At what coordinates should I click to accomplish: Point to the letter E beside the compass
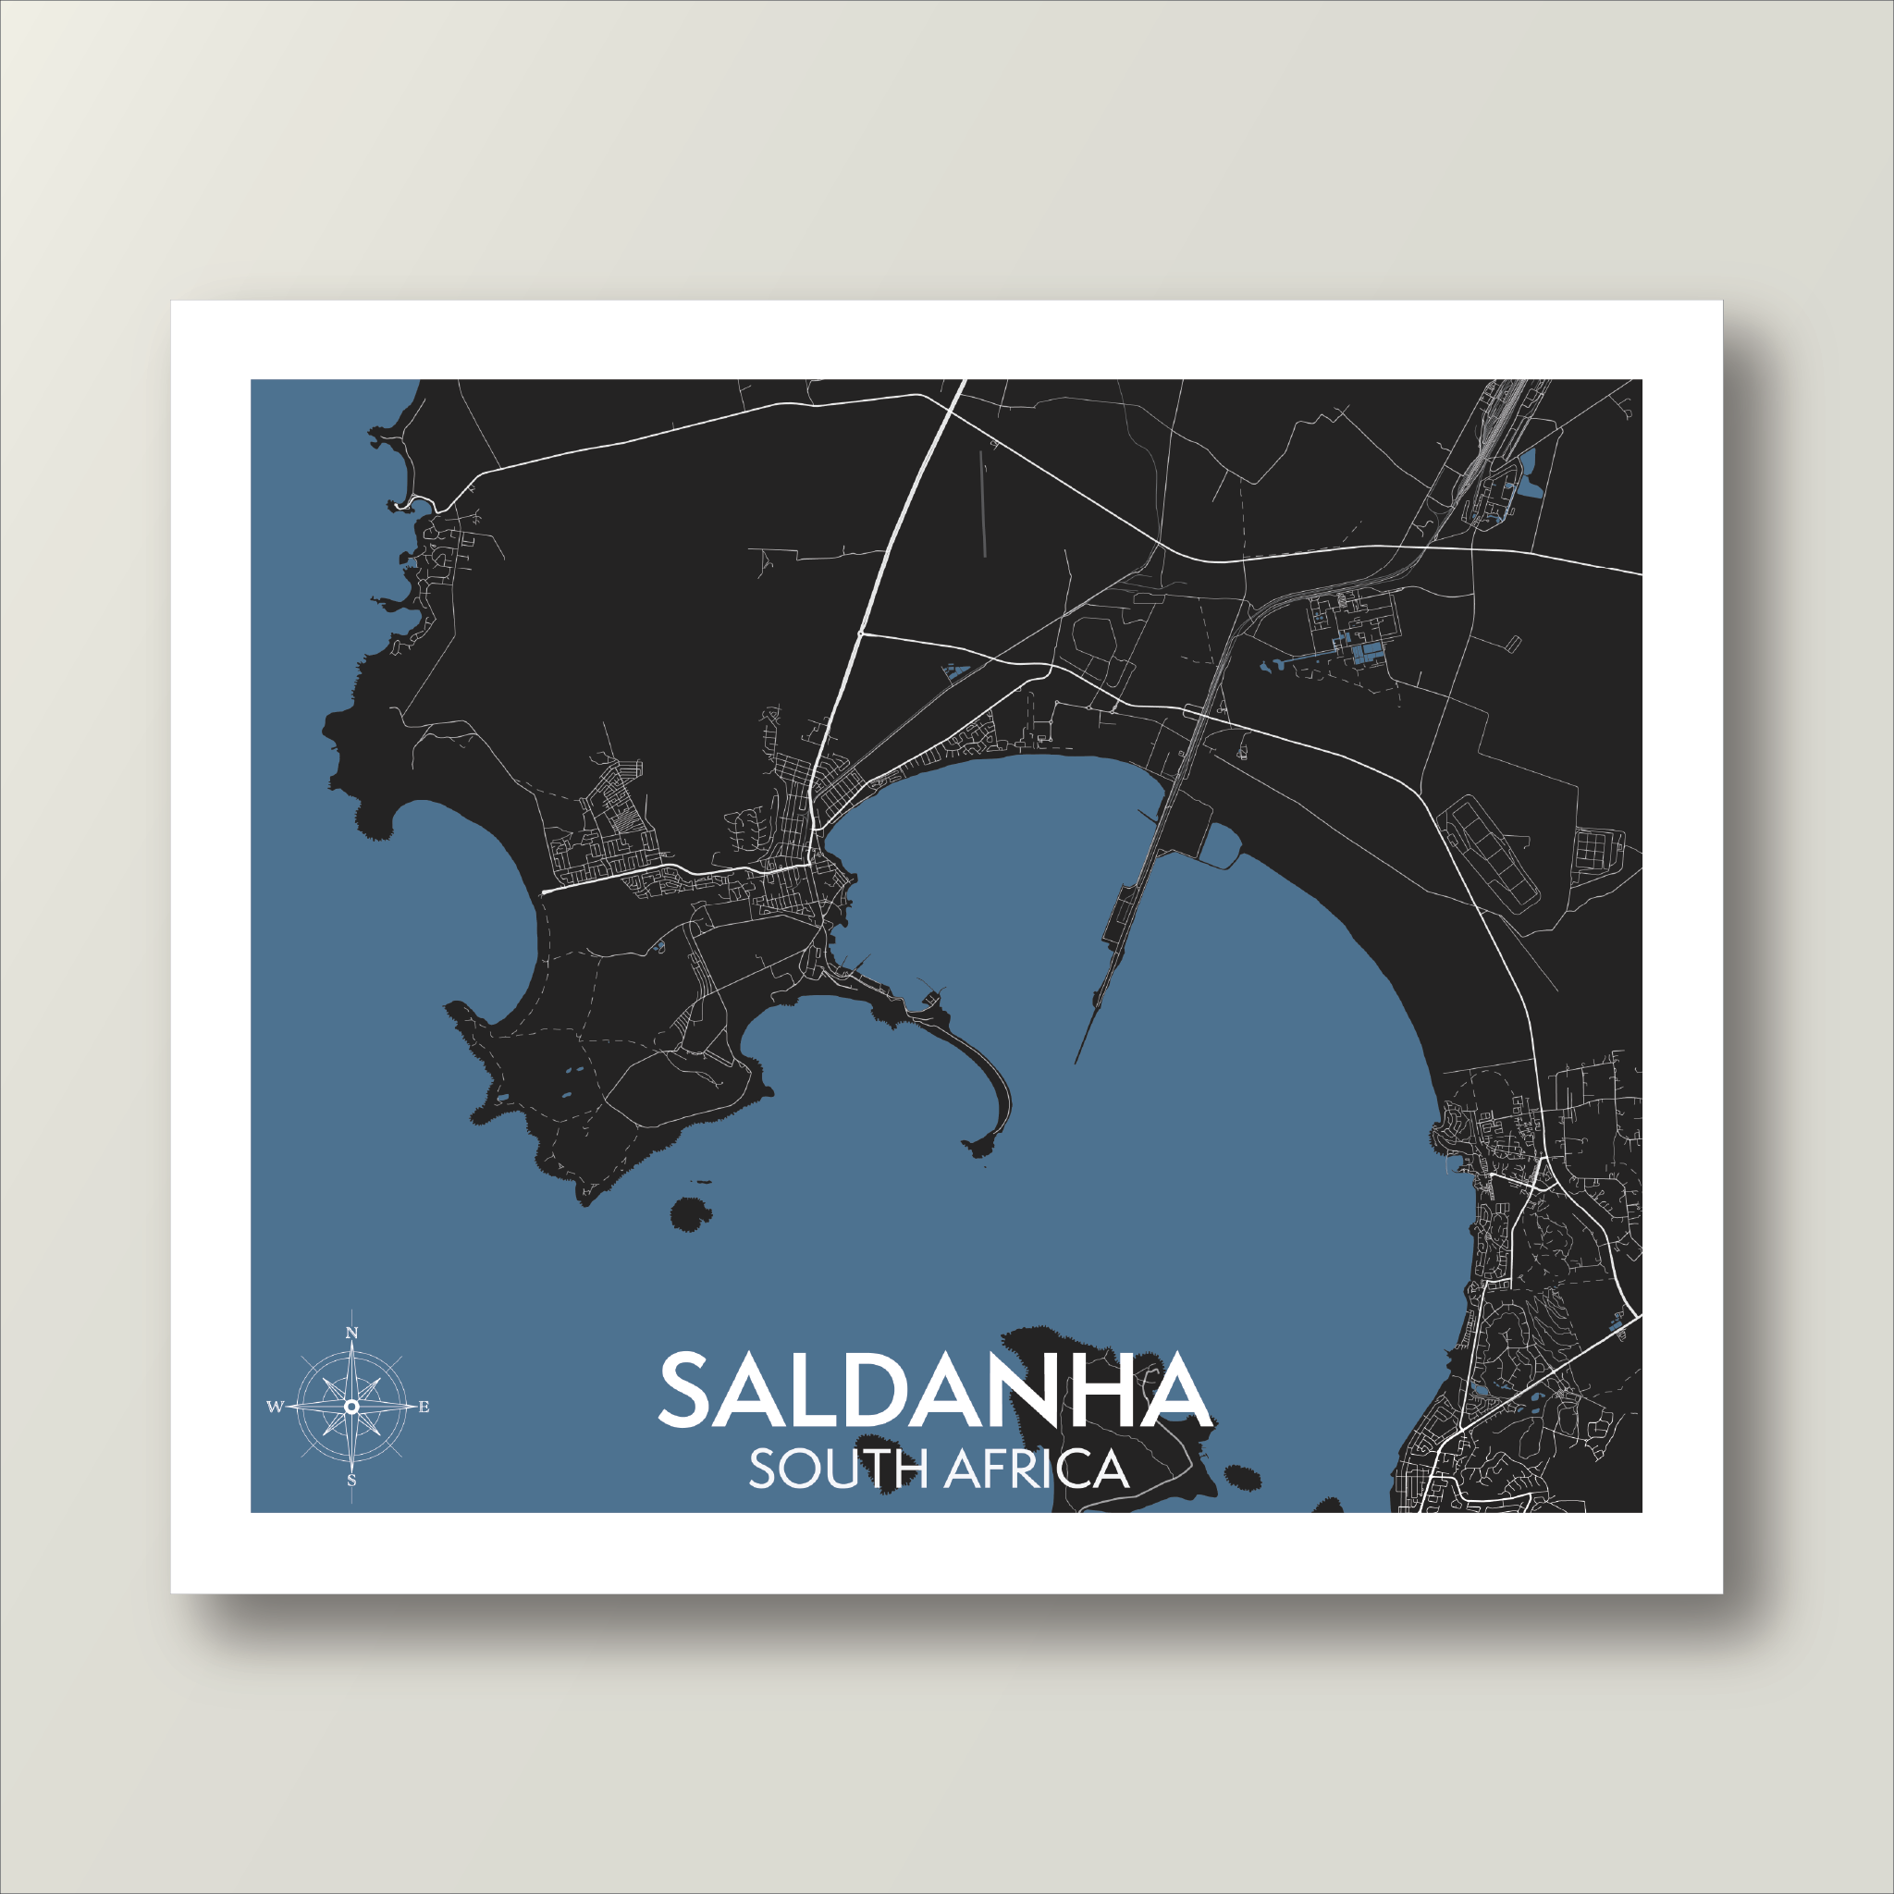point(424,1407)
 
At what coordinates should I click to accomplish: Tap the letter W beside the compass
point(275,1407)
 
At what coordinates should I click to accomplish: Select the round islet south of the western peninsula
point(690,1213)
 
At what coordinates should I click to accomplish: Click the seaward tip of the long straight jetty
point(1076,1062)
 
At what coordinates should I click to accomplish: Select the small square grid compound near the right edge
point(1599,849)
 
